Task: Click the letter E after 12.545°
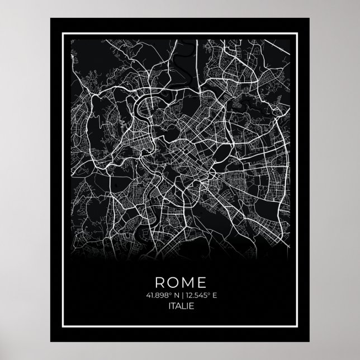click(212, 295)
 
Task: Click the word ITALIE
click(179, 306)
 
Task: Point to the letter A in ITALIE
click(178, 306)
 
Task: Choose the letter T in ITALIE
click(173, 306)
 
